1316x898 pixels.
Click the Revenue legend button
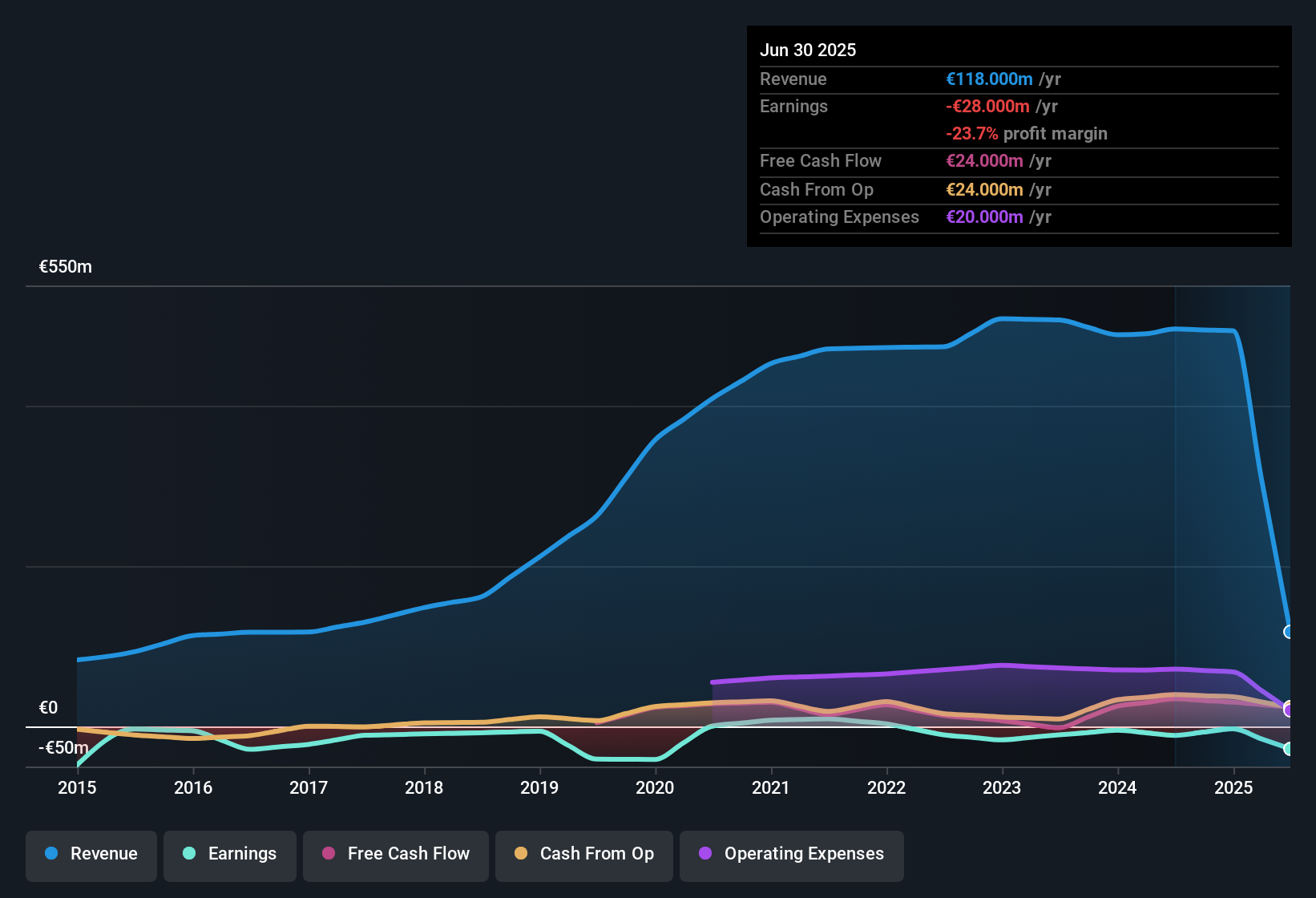click(91, 854)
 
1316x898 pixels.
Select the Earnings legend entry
click(230, 854)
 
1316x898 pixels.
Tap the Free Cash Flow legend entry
click(396, 854)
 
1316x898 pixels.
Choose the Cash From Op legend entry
click(584, 854)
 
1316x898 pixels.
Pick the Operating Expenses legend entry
click(792, 854)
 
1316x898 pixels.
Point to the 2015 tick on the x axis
click(77, 787)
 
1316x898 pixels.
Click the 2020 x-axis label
click(655, 787)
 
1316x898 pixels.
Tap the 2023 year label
click(1002, 787)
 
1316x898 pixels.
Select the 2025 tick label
click(1233, 787)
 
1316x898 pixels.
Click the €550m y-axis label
click(66, 267)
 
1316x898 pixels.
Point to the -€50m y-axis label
click(63, 748)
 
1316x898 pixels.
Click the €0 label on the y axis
click(48, 708)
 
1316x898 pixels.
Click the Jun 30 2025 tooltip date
click(808, 51)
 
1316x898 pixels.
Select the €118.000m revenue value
click(989, 79)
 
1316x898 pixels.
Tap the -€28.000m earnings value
click(987, 107)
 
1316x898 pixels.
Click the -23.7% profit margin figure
click(971, 134)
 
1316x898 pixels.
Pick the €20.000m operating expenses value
click(984, 217)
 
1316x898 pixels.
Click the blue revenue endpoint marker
click(1289, 632)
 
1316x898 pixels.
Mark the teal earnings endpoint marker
click(1289, 749)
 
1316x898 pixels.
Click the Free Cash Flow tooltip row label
click(821, 161)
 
